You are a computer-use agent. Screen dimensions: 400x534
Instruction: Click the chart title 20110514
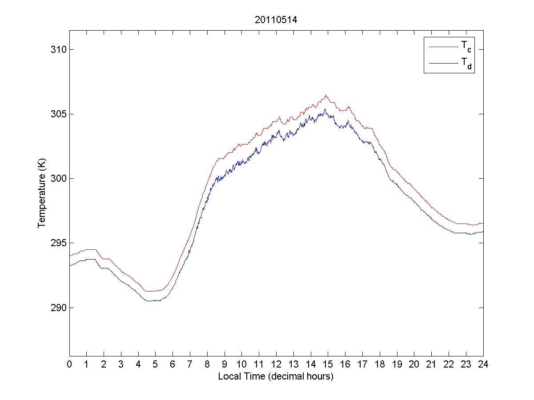tap(276, 20)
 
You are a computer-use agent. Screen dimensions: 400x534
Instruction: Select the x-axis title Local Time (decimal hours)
tap(276, 376)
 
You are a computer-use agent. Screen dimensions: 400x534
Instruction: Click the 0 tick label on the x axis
tap(69, 365)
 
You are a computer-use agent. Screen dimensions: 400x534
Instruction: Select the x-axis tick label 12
tap(276, 365)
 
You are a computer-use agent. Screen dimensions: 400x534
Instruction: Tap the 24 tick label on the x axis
tap(483, 365)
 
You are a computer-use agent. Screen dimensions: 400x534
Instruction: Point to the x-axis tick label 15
tap(328, 365)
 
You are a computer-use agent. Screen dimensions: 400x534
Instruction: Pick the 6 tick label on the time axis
tap(173, 365)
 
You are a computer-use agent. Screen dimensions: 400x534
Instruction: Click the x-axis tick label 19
tap(397, 365)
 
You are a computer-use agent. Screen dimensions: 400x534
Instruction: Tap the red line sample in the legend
tap(443, 46)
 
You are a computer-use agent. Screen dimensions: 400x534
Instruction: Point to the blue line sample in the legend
tap(443, 64)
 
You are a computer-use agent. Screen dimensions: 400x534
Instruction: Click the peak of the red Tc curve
tap(326, 95)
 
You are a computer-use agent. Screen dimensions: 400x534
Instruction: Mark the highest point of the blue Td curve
tap(325, 109)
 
